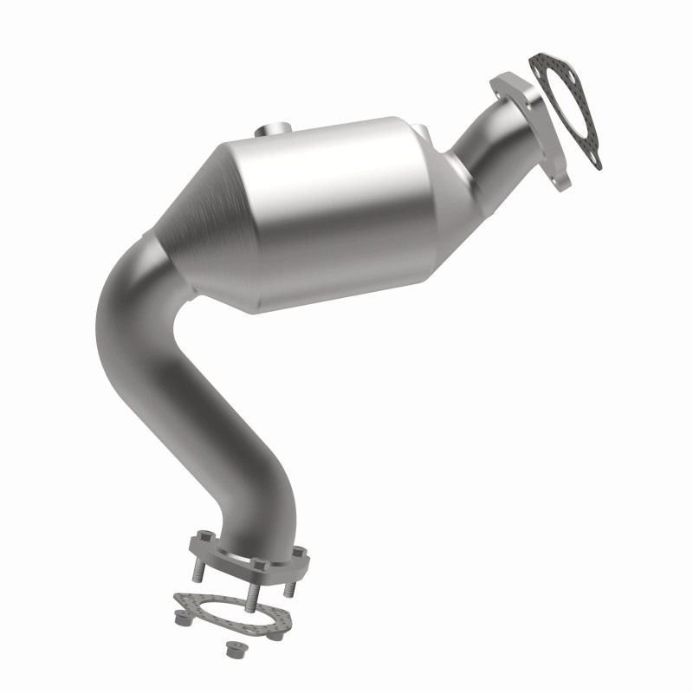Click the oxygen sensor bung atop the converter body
point(275,131)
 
